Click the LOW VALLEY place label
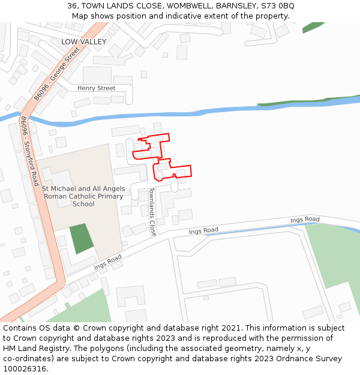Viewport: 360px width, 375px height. click(x=83, y=41)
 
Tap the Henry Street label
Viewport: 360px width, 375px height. click(x=96, y=88)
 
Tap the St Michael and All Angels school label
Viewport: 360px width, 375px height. click(x=83, y=196)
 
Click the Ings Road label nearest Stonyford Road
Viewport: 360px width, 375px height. click(x=108, y=262)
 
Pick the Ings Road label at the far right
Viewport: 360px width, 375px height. click(x=305, y=220)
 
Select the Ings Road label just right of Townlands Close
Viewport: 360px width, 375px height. click(x=203, y=230)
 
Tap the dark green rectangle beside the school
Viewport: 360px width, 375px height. click(x=81, y=238)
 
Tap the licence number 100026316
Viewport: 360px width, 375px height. click(x=26, y=369)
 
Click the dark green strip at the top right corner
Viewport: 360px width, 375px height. click(x=313, y=28)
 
